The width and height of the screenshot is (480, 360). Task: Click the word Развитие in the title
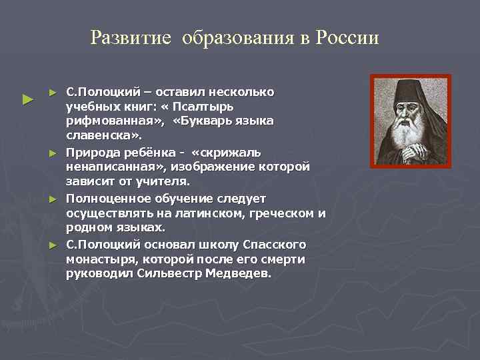tap(130, 37)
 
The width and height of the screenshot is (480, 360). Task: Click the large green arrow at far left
tap(27, 100)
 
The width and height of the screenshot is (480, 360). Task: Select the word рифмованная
tap(113, 121)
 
